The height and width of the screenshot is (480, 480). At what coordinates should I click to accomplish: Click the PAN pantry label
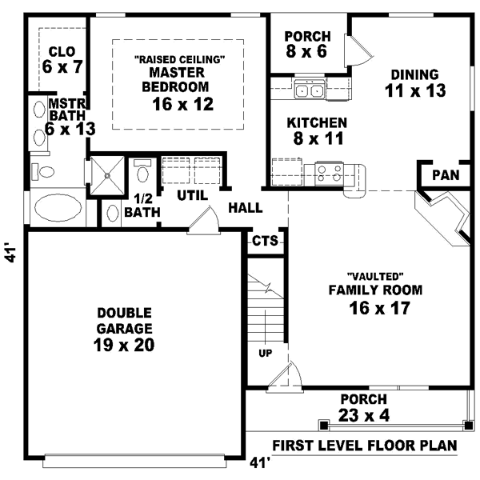click(x=445, y=175)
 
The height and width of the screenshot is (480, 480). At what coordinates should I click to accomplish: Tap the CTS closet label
click(x=265, y=241)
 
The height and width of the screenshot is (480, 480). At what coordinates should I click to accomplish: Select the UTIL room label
click(x=192, y=194)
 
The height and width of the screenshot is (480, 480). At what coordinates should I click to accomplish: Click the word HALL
click(x=246, y=208)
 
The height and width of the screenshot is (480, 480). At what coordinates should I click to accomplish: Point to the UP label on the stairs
click(x=262, y=351)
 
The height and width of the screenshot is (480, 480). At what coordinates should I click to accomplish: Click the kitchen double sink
click(x=309, y=90)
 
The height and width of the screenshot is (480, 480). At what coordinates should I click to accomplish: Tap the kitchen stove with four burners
click(x=329, y=173)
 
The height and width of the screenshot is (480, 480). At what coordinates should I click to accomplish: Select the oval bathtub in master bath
click(x=58, y=209)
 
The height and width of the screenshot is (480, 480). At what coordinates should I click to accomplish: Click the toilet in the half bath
click(x=112, y=213)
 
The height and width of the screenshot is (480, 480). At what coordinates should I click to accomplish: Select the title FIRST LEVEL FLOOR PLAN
click(x=365, y=445)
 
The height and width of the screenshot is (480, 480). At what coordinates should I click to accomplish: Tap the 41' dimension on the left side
click(x=10, y=254)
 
